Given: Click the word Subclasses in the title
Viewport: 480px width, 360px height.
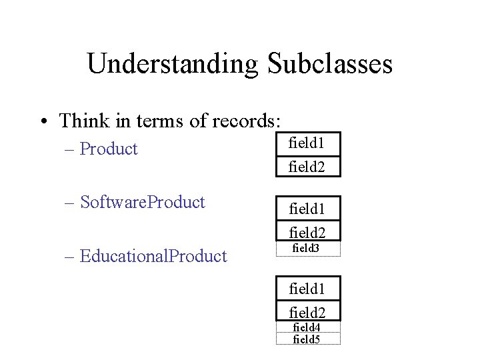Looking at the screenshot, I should click(330, 64).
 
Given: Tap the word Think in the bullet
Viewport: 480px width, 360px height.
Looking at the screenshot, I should click(81, 121).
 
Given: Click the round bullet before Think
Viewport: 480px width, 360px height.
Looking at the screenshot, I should click(43, 122).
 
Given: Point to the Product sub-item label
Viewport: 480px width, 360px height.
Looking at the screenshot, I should click(109, 149).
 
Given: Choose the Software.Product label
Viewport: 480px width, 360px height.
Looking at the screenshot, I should click(142, 202).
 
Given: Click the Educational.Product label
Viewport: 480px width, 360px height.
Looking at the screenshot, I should click(153, 256).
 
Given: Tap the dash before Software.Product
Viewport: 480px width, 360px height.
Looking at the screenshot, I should click(70, 203).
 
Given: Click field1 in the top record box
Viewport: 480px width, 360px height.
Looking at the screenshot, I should click(307, 143).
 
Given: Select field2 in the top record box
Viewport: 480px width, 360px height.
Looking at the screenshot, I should click(307, 166).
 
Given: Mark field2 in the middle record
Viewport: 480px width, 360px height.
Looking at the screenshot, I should click(307, 231).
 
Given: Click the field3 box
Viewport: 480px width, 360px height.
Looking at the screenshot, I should click(307, 249).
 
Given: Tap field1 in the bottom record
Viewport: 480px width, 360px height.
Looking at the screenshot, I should click(307, 289).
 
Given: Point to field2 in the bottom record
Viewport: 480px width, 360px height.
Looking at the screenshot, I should click(307, 311).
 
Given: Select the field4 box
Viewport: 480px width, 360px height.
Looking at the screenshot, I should click(307, 327).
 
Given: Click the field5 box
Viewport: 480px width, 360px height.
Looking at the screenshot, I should click(307, 339).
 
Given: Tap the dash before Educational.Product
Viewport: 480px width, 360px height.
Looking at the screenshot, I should click(70, 257).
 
